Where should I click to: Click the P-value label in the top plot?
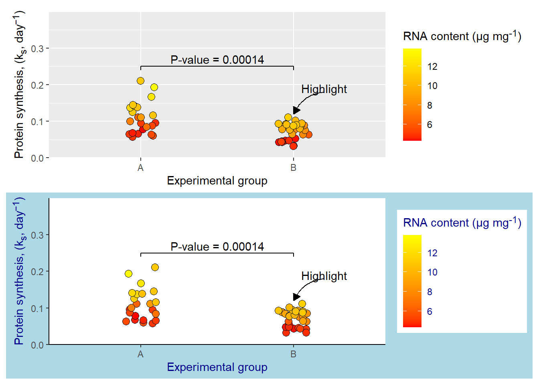(217, 60)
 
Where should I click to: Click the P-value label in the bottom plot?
(217, 247)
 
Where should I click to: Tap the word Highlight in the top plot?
(324, 89)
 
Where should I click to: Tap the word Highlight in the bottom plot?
(324, 276)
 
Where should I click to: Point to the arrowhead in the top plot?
(296, 110)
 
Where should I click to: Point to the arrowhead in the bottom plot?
(296, 297)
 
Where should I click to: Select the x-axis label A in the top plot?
(140, 168)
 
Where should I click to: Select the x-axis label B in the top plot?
(294, 168)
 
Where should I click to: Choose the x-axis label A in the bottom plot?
(140, 355)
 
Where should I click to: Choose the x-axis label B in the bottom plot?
(294, 355)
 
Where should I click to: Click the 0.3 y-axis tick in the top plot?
(37, 49)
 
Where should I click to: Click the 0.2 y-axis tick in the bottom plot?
(37, 272)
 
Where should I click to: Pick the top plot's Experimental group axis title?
(217, 181)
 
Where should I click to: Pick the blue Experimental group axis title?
(217, 367)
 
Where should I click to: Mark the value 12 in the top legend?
(432, 67)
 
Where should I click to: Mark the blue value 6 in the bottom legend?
(430, 312)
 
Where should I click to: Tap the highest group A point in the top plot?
(140, 81)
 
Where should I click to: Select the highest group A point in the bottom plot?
(155, 267)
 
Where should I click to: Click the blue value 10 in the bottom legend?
(432, 273)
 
